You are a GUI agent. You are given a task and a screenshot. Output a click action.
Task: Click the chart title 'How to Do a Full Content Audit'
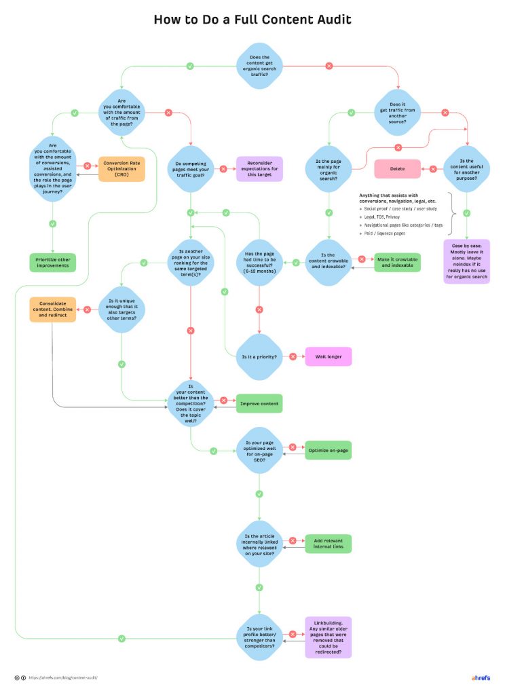(252, 19)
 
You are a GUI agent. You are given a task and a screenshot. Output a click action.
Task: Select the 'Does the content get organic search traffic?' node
(259, 66)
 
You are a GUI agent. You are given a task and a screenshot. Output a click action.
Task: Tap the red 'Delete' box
(397, 168)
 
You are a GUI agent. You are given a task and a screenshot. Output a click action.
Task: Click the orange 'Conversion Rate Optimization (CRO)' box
(121, 169)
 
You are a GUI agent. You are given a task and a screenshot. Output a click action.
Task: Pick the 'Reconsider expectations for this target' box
(259, 169)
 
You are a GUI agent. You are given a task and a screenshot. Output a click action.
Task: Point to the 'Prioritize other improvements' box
(53, 262)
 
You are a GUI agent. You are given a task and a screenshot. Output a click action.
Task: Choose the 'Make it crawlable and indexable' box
(397, 262)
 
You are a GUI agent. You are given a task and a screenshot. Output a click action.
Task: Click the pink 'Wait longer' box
(329, 356)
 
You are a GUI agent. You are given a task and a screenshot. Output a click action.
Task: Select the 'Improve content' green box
(259, 404)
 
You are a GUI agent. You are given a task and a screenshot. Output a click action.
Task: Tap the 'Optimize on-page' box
(329, 450)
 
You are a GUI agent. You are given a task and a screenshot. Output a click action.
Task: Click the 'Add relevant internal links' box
(329, 544)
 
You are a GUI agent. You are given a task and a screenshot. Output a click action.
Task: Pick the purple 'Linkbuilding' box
(329, 637)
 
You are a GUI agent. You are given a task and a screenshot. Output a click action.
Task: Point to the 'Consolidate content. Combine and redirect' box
(53, 309)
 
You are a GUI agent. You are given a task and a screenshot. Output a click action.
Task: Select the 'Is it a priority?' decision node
(259, 356)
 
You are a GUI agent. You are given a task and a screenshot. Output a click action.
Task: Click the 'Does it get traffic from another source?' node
(398, 112)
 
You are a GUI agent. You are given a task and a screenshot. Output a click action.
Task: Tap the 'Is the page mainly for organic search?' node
(329, 168)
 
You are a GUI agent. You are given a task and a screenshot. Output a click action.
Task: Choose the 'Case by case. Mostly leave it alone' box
(466, 261)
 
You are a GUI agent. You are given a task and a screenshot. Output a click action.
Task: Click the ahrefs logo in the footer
(481, 677)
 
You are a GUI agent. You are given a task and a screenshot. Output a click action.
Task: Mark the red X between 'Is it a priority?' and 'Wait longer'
(293, 356)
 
